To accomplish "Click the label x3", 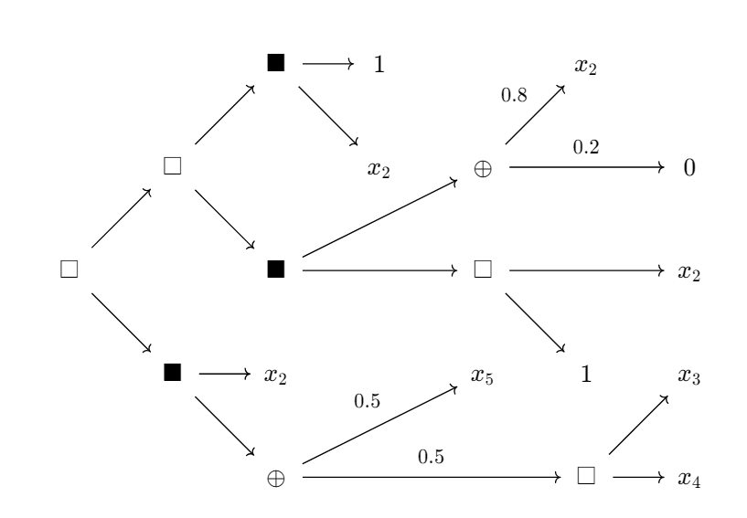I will coord(688,375).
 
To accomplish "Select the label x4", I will coord(688,479).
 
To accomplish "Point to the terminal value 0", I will coord(688,168).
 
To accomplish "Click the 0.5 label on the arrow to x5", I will coord(367,398).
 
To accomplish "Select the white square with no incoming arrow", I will coord(68,270).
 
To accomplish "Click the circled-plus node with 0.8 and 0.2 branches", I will coord(484,168).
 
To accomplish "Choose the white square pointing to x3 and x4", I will coord(587,476).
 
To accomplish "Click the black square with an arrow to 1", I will coord(275,63).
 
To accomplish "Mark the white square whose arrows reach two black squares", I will coord(171,166).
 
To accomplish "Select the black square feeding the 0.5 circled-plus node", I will coord(171,373).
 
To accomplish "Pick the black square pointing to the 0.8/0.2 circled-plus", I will coord(275,270).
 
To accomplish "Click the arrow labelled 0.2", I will coord(585,168).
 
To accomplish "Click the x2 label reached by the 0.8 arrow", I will coord(586,65).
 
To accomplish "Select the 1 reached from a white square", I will coord(587,374).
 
